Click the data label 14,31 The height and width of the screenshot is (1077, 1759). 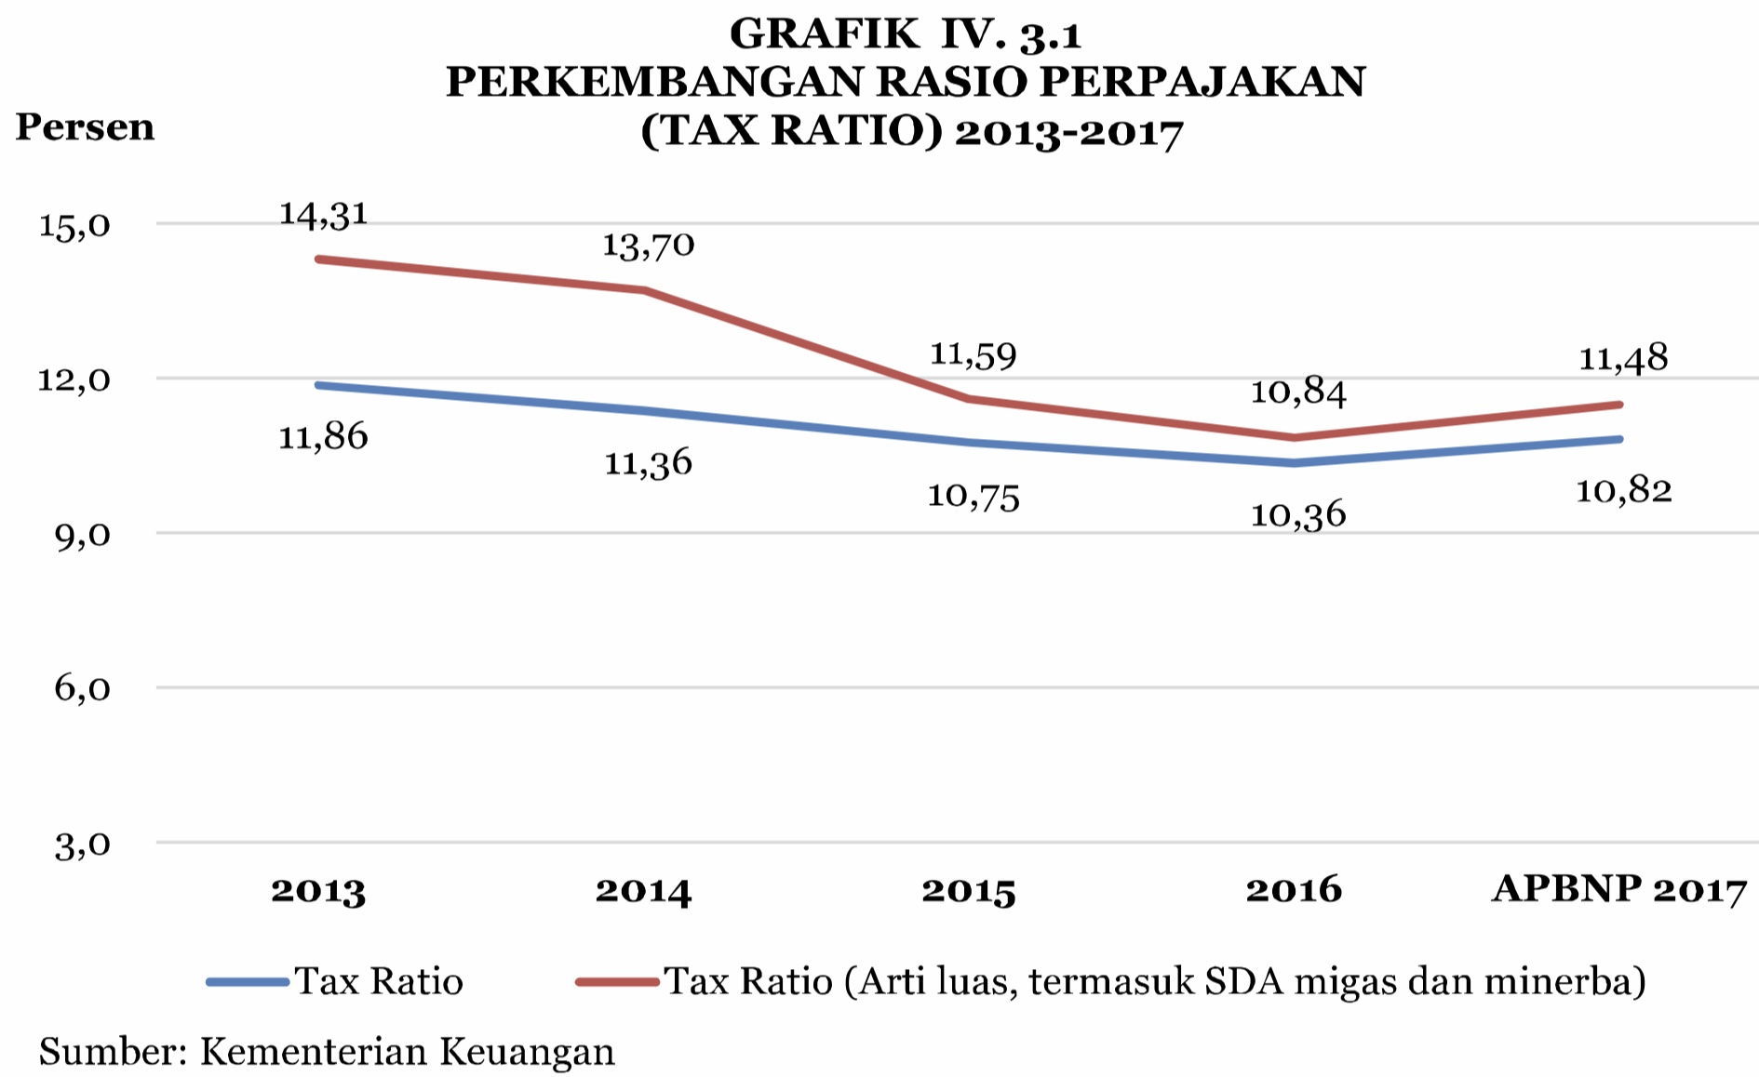tap(324, 215)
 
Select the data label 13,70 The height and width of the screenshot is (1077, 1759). tap(649, 246)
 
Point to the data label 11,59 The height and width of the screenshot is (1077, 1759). tap(973, 355)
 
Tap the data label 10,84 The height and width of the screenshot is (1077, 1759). tap(1298, 392)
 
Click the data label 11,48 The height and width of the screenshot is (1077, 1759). tap(1623, 358)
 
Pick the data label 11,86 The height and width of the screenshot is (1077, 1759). tap(324, 436)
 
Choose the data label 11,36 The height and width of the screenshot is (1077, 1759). tap(649, 462)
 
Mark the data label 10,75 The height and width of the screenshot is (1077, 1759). tap(973, 497)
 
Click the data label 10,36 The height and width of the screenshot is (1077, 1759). tap(1298, 514)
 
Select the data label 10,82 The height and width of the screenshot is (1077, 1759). tap(1623, 490)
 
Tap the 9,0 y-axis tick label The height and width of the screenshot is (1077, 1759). tap(83, 536)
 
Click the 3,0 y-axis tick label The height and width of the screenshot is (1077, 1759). tap(83, 845)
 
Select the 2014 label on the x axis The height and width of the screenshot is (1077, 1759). tap(644, 891)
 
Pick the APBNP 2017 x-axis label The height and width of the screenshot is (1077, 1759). tap(1619, 890)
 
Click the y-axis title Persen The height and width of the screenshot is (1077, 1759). tap(85, 127)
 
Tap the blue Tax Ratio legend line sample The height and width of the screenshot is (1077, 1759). tap(248, 981)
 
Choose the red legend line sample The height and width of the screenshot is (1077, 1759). tap(617, 981)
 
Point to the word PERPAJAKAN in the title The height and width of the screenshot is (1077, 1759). tap(1202, 83)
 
